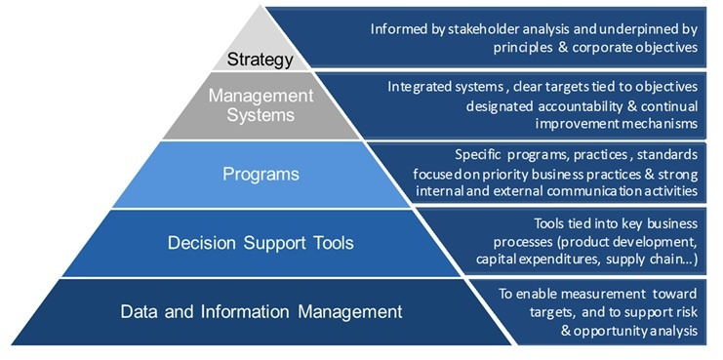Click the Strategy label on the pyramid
tap(261, 60)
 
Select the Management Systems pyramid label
tap(261, 104)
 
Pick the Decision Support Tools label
tap(261, 241)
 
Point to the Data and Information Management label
tap(261, 312)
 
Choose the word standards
tap(663, 154)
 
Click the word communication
tap(610, 191)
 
